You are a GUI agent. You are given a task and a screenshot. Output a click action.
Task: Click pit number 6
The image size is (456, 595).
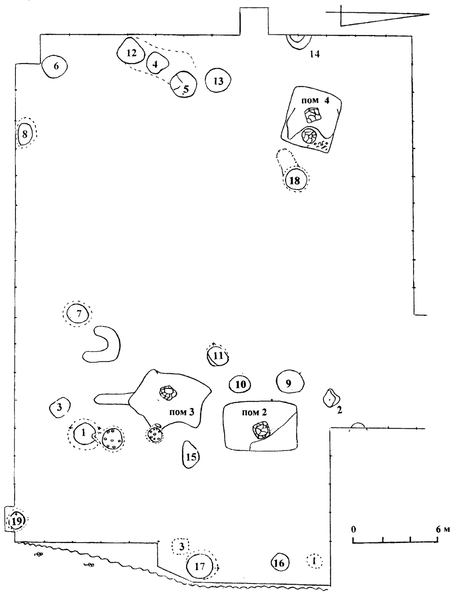pos(55,67)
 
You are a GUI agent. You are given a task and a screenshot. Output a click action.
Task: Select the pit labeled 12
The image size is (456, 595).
pos(131,52)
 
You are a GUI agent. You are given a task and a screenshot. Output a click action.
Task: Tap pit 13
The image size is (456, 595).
pos(218,81)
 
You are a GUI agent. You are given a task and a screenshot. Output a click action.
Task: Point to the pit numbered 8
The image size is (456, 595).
pos(25,134)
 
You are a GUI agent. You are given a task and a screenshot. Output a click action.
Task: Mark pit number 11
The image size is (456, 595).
pos(218,355)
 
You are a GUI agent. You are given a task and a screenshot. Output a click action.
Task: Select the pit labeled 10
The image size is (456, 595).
pos(241,384)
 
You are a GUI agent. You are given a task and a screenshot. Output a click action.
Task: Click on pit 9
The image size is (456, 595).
pos(290,382)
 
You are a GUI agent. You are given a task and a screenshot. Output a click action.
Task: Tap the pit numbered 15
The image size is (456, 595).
pos(191,456)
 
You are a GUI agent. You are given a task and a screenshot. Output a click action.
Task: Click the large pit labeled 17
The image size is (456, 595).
pos(201,566)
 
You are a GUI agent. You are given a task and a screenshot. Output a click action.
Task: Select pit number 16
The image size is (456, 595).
pos(279,562)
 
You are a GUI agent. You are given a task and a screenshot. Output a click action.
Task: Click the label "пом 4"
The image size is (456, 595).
pos(316,101)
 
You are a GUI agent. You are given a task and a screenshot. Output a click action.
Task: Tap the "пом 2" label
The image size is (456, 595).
pos(255,413)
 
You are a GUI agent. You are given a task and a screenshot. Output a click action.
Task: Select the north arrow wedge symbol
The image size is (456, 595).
pos(381,18)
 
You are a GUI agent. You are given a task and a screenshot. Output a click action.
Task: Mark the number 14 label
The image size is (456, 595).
pos(315,54)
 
